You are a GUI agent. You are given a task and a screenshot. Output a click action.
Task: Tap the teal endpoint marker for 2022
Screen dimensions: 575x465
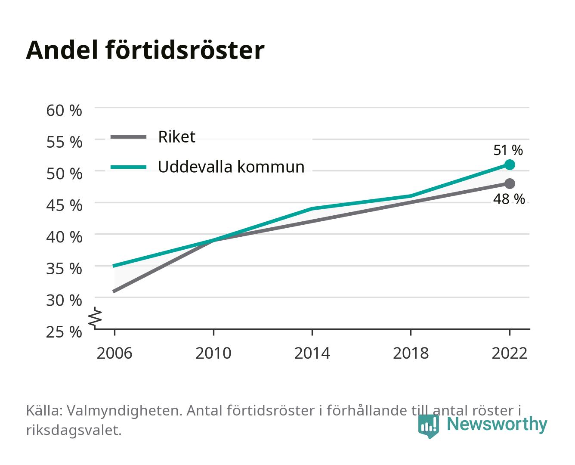510,164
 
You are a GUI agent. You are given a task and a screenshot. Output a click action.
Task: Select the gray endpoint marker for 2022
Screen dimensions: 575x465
510,183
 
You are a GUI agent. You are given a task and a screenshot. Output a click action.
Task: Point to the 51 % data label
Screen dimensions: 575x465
508,150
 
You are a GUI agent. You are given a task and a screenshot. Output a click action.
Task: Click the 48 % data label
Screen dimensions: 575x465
509,199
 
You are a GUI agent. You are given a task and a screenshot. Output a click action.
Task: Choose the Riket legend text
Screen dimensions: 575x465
176,136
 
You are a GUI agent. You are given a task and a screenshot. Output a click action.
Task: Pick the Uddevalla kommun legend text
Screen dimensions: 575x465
231,167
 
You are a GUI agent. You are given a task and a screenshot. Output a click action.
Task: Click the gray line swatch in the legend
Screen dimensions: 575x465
129,137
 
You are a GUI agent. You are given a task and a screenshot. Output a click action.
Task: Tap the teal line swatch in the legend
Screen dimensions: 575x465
129,167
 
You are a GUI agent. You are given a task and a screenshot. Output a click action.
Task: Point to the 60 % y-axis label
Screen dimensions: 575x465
64,111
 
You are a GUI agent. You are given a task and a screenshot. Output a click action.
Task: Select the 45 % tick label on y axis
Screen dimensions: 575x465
64,205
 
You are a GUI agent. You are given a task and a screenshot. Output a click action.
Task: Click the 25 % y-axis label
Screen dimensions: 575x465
64,332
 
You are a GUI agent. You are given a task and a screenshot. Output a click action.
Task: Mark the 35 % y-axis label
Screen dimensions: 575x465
64,269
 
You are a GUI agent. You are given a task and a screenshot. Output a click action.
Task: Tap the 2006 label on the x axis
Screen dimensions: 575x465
114,353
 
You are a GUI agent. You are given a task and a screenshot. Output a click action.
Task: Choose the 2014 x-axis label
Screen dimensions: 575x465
312,353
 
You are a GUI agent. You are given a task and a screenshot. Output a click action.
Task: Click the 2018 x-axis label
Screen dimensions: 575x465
411,353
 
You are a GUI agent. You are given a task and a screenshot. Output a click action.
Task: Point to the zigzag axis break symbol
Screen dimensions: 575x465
95,318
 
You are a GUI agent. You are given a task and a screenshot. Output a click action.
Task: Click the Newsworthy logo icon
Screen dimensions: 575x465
428,426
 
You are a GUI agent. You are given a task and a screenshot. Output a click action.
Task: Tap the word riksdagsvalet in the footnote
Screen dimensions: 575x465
74,430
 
